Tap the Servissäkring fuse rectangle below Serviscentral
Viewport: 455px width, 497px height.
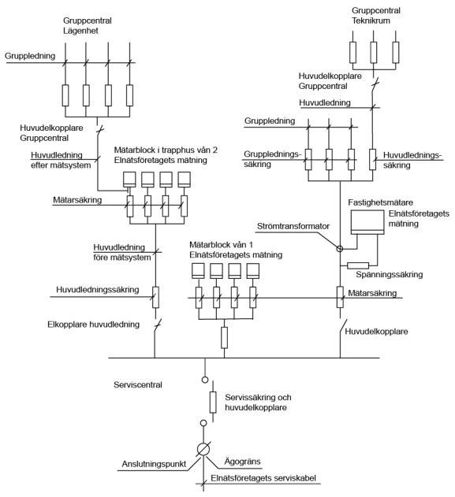(x=212, y=403)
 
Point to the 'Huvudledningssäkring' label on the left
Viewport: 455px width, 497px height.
(x=98, y=290)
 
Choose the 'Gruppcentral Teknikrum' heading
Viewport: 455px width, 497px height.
(x=373, y=16)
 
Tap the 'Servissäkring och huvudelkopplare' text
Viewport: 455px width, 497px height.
(x=256, y=402)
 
